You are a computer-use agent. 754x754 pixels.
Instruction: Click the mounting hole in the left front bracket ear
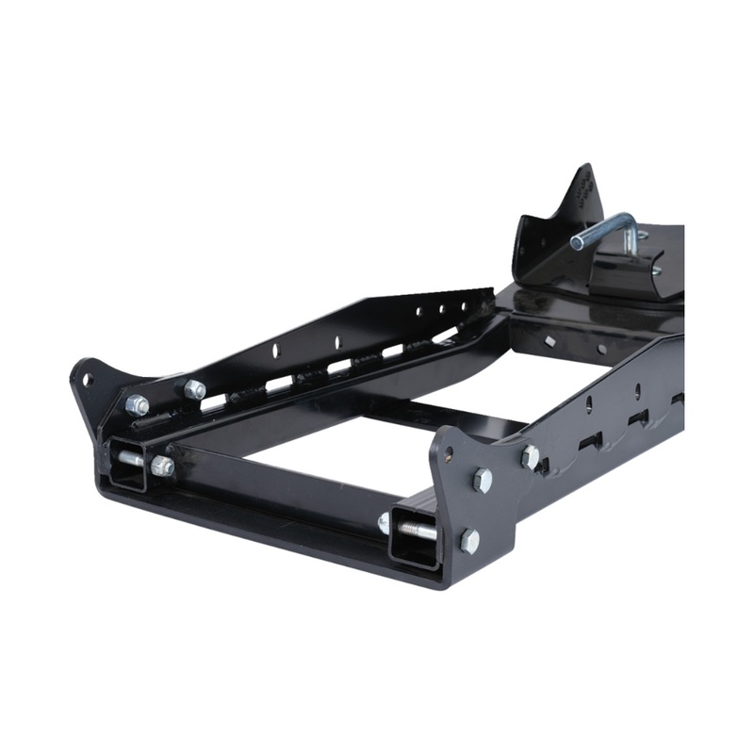pos(87,380)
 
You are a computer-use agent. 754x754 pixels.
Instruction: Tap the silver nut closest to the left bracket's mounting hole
pos(138,405)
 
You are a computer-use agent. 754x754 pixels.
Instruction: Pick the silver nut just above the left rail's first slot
pos(195,388)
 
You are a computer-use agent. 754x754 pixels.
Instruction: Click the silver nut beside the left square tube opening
pos(162,466)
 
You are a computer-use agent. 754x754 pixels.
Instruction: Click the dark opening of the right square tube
pos(415,536)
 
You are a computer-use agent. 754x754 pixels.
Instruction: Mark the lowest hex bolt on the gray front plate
pos(468,540)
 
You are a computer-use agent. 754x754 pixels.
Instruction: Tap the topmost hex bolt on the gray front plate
pos(531,457)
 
